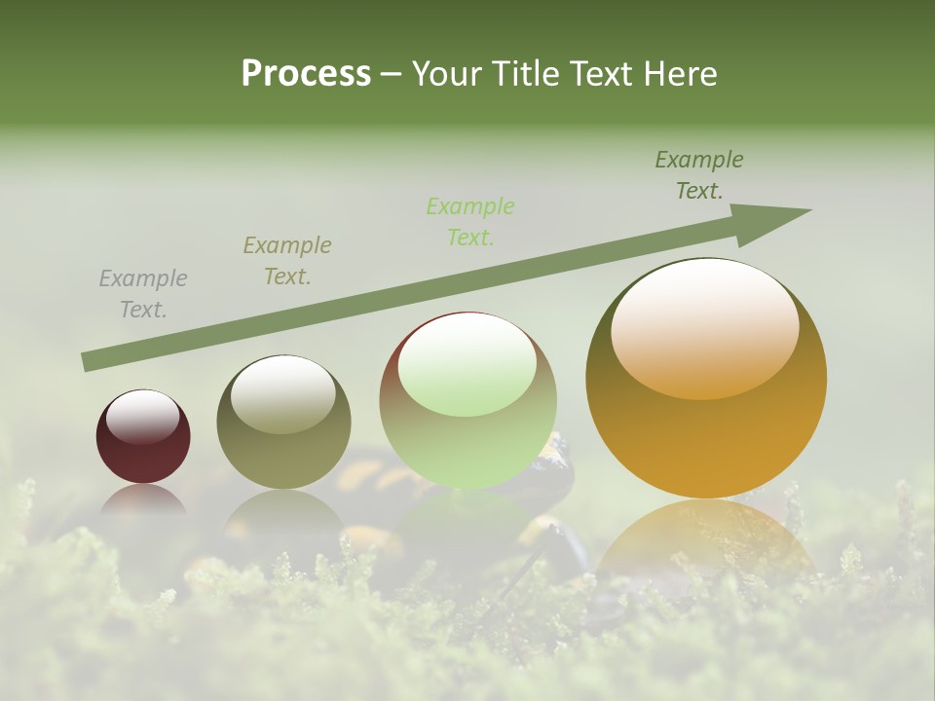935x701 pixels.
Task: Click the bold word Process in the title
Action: (x=306, y=73)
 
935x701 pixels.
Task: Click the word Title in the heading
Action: (x=520, y=73)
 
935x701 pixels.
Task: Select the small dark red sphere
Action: (x=143, y=452)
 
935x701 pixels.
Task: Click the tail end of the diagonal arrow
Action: (x=90, y=361)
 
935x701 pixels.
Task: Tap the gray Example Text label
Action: (x=143, y=294)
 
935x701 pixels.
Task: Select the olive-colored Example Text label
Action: (x=286, y=261)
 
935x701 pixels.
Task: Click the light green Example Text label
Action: (x=470, y=221)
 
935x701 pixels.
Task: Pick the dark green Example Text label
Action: (x=698, y=175)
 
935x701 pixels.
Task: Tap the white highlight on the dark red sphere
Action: (x=142, y=417)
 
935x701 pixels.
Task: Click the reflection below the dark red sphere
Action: (x=143, y=498)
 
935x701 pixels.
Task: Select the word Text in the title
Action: (x=605, y=73)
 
